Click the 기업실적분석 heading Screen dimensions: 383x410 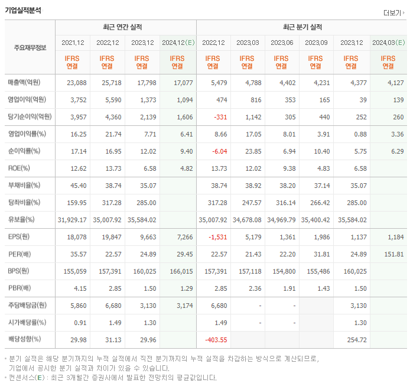tap(24, 9)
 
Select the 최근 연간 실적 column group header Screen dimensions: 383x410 tap(126, 27)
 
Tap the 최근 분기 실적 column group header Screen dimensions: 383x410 tap(302, 27)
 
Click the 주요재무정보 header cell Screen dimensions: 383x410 tap(30, 48)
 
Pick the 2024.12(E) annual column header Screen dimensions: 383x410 tap(178, 43)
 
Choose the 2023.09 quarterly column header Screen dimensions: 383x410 tap(317, 43)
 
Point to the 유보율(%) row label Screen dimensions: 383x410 tap(22, 220)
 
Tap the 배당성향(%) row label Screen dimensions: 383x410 tap(24, 340)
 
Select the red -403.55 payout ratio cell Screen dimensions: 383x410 tap(216, 340)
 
